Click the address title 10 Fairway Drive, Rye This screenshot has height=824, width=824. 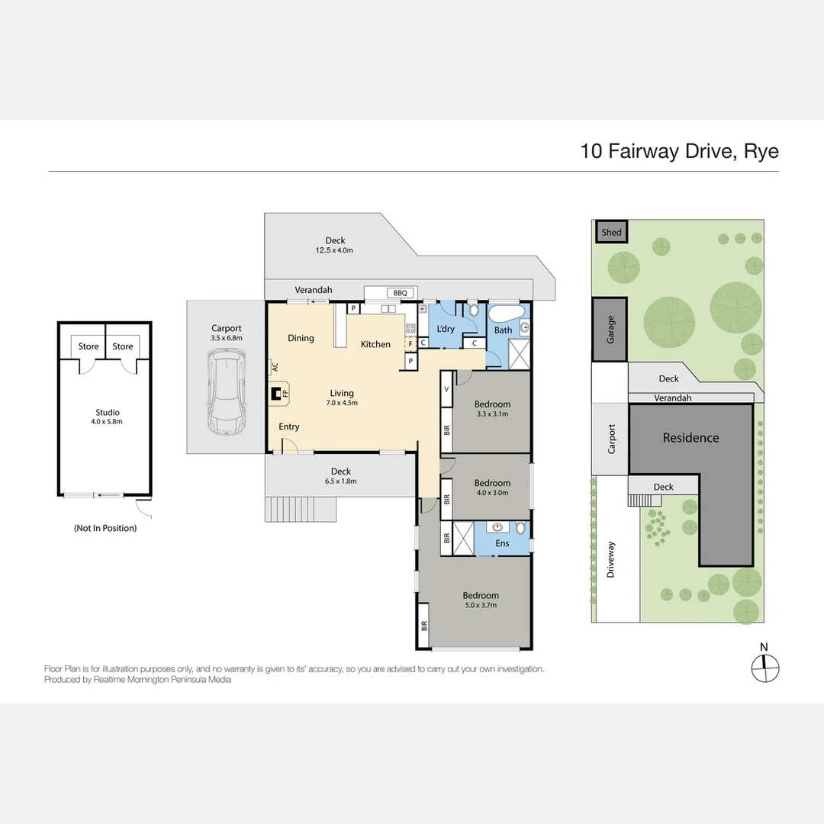point(679,150)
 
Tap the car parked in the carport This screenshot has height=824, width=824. point(227,392)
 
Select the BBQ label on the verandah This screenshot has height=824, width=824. point(400,293)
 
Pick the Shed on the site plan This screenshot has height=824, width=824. point(611,232)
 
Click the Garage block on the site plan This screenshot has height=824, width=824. point(610,329)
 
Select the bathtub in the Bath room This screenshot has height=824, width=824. point(505,314)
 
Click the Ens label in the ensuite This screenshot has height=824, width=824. point(502,543)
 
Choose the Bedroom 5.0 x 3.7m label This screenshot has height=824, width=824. point(481,600)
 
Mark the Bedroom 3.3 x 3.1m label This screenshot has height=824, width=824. point(492,408)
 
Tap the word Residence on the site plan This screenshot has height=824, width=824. point(690,438)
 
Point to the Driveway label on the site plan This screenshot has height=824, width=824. point(610,559)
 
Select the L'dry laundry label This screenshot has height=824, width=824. point(445,329)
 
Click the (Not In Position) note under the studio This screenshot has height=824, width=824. point(105,528)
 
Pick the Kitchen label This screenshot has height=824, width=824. point(375,344)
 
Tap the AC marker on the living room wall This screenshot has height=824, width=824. point(274,366)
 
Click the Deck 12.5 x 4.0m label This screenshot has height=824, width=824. point(334,245)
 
